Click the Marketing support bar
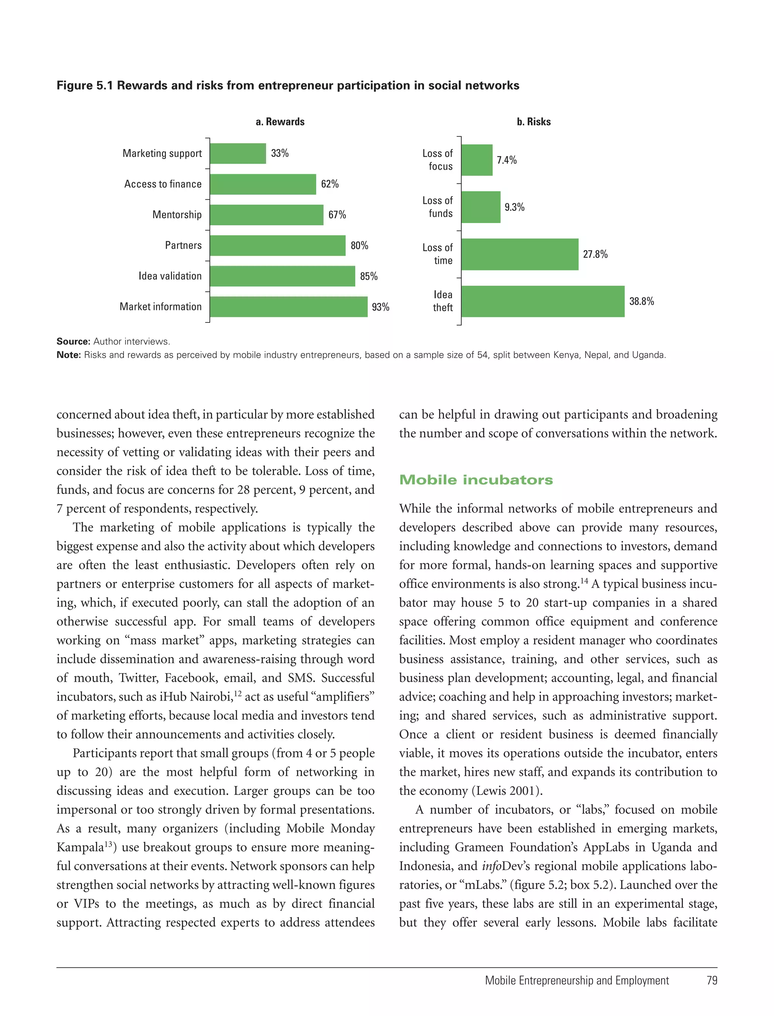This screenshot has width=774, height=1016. pos(238,153)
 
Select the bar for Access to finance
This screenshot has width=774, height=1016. pos(263,184)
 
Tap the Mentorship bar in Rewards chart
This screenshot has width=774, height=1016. pos(266,215)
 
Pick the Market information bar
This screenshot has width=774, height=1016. pos(288,307)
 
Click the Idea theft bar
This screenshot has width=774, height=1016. pos(543,301)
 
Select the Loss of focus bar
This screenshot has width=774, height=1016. pos(477,160)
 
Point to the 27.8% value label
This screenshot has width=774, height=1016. pos(595,254)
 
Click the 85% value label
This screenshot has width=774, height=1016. pos(368,276)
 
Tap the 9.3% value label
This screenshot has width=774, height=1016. pos(514,208)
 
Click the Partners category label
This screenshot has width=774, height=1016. pos(183,246)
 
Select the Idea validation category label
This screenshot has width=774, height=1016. pos(170,276)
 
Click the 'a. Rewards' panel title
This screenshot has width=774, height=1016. pos(280,122)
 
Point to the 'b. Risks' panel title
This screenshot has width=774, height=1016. pos(534,122)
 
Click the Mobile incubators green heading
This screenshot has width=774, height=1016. pos(476,480)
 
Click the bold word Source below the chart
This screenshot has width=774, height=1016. pos(73,341)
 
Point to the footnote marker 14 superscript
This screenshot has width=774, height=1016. pos(584,581)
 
